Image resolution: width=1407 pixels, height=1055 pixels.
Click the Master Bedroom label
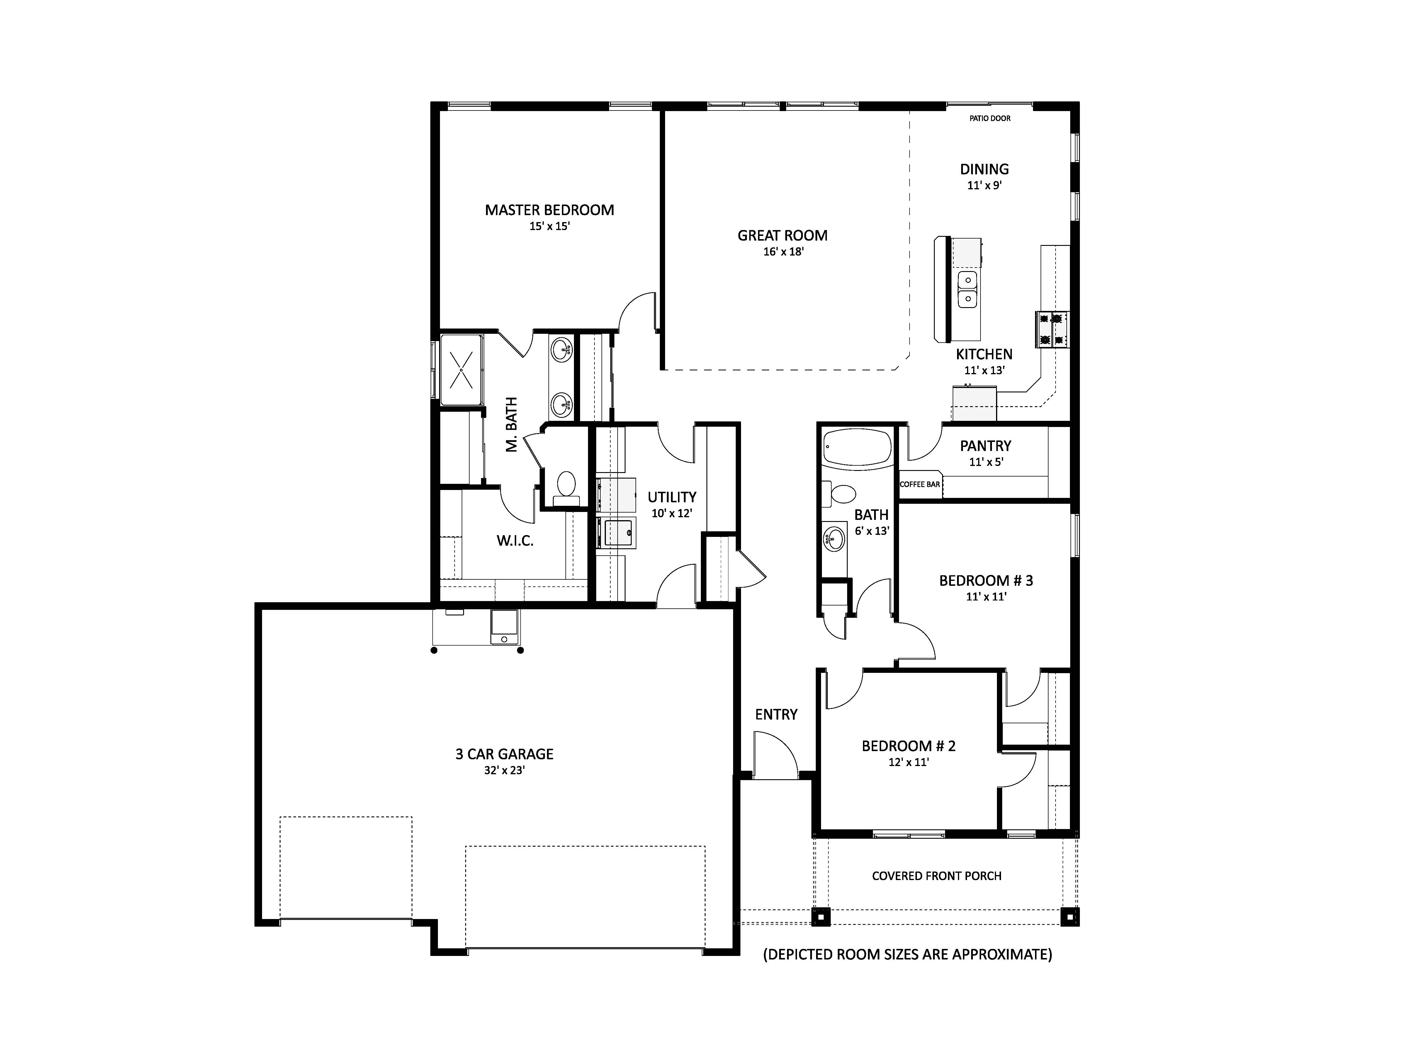coord(550,210)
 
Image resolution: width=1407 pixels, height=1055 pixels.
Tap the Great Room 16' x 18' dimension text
coord(783,252)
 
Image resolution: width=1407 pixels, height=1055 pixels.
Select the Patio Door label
coord(990,118)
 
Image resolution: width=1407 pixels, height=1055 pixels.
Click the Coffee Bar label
coord(920,485)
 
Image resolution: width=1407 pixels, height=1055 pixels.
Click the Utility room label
coord(672,497)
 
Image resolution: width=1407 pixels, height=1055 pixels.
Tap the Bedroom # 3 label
coord(986,581)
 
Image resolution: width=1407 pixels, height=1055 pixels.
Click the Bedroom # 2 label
coord(908,746)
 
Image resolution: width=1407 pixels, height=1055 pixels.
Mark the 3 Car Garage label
coord(504,754)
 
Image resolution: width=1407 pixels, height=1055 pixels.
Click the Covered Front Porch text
coord(936,876)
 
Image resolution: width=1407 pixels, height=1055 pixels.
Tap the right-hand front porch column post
coord(1070,917)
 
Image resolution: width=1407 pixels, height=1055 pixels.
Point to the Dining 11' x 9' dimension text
coord(985,186)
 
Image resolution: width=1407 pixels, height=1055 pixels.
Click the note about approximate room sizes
coord(908,954)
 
